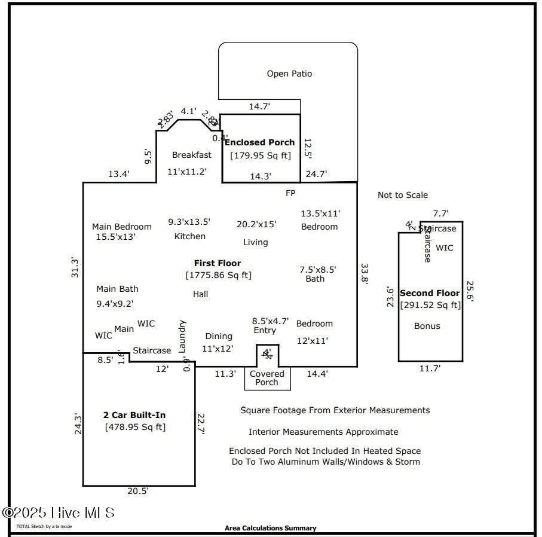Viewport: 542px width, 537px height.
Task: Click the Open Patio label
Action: [x=289, y=74]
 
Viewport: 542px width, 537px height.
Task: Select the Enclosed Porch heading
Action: [x=260, y=142]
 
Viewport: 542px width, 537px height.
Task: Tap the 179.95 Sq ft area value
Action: [x=261, y=155]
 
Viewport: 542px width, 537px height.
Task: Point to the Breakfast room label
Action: [x=192, y=155]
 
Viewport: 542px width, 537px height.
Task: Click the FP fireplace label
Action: [x=290, y=193]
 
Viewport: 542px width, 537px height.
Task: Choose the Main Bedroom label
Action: [x=122, y=227]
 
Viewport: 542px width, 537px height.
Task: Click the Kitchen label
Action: [x=190, y=236]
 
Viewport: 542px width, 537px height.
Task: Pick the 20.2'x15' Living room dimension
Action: [x=256, y=224]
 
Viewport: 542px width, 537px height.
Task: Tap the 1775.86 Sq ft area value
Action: [x=218, y=275]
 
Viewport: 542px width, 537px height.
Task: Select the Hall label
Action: [x=201, y=294]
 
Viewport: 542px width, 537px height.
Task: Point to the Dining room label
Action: [x=218, y=336]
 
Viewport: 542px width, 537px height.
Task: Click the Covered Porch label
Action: [x=267, y=378]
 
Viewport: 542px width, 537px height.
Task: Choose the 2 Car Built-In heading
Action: [x=134, y=415]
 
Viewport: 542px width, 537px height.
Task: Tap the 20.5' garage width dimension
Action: [x=138, y=491]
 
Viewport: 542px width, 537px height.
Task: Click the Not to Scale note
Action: [x=403, y=195]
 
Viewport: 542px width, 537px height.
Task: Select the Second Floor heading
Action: [x=430, y=293]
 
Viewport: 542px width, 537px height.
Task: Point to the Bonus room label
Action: [x=427, y=326]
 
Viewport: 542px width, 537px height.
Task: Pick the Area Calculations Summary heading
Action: [x=271, y=528]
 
